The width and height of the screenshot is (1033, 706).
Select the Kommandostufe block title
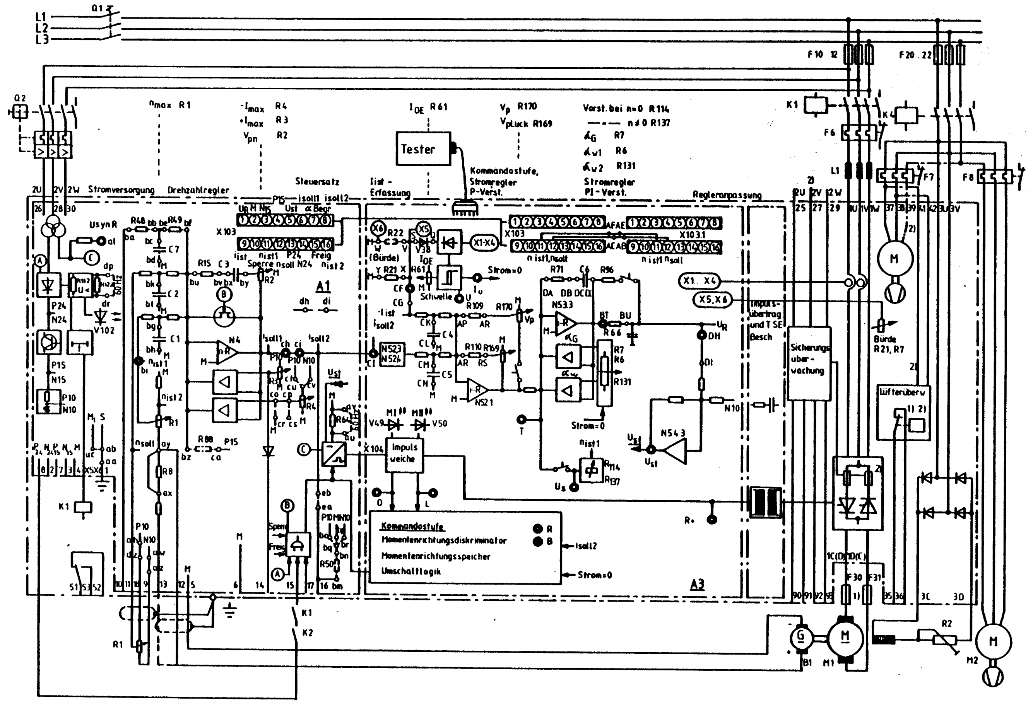pos(412,527)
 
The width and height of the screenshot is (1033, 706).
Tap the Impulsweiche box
pos(404,454)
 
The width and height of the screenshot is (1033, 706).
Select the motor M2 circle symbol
pos(993,641)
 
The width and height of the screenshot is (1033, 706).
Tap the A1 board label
pos(323,286)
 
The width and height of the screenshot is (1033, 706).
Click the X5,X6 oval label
pos(713,300)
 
